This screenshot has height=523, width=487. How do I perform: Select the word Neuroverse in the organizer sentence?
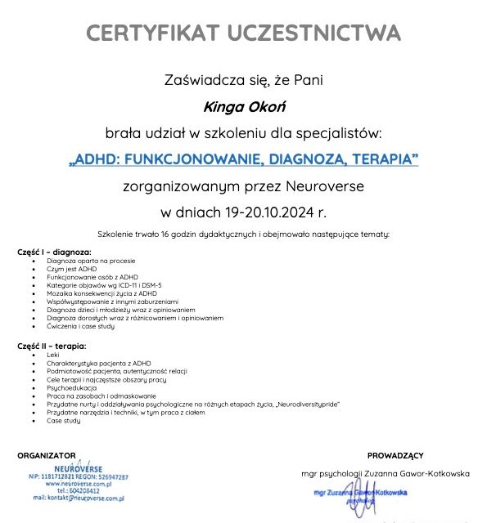point(325,186)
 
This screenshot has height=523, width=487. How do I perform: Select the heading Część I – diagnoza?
point(54,253)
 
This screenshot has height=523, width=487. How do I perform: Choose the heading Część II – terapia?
point(52,346)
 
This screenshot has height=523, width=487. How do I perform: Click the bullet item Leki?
point(53,355)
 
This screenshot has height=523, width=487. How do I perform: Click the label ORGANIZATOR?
point(47,455)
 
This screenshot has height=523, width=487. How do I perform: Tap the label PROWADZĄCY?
point(395,455)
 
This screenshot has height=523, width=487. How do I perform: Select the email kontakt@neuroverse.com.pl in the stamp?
point(79,497)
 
